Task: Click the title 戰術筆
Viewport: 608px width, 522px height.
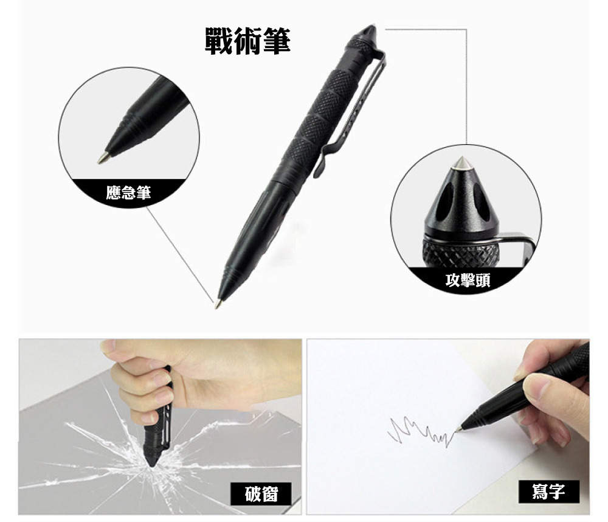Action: coord(247,41)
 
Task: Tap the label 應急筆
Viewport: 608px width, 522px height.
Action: coord(128,192)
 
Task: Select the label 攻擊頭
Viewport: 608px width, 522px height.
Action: coord(468,280)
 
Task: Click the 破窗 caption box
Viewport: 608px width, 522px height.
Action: coord(261,493)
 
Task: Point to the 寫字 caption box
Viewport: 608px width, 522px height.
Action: coord(548,492)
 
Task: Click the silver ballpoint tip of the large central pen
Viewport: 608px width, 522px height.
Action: coord(218,304)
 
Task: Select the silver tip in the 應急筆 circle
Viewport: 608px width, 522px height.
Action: coord(103,158)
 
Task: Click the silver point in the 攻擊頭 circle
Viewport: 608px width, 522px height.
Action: coord(461,163)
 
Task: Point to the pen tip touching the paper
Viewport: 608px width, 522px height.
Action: coord(459,429)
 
